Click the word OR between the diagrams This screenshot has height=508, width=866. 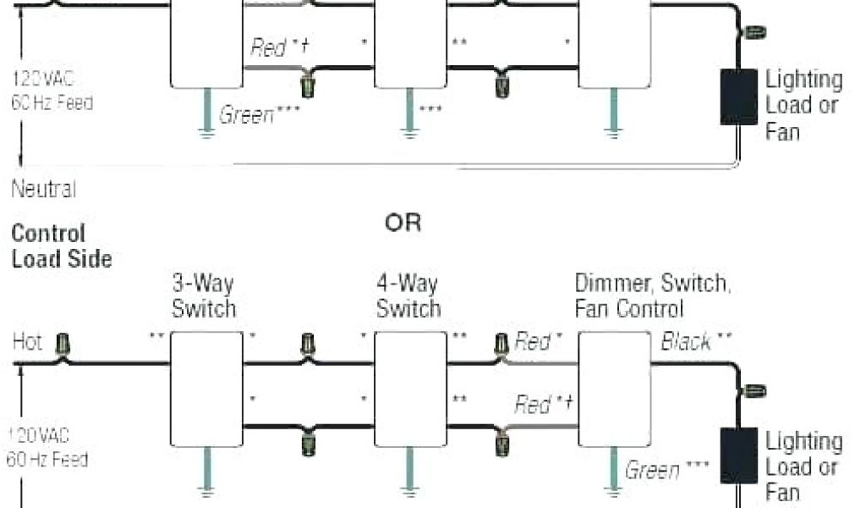[403, 224]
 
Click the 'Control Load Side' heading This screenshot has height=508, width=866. [61, 246]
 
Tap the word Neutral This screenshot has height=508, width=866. [44, 188]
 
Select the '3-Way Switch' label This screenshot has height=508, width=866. [204, 295]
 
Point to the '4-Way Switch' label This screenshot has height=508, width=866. [408, 295]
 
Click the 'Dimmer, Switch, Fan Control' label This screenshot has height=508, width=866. [650, 295]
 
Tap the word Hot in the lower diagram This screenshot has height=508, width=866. [28, 342]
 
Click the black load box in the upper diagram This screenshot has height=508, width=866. [738, 97]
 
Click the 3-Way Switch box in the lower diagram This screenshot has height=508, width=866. [206, 389]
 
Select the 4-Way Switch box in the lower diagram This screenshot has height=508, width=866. [410, 389]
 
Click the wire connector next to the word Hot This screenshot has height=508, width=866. [62, 345]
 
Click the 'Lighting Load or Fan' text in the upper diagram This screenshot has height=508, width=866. [803, 106]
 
